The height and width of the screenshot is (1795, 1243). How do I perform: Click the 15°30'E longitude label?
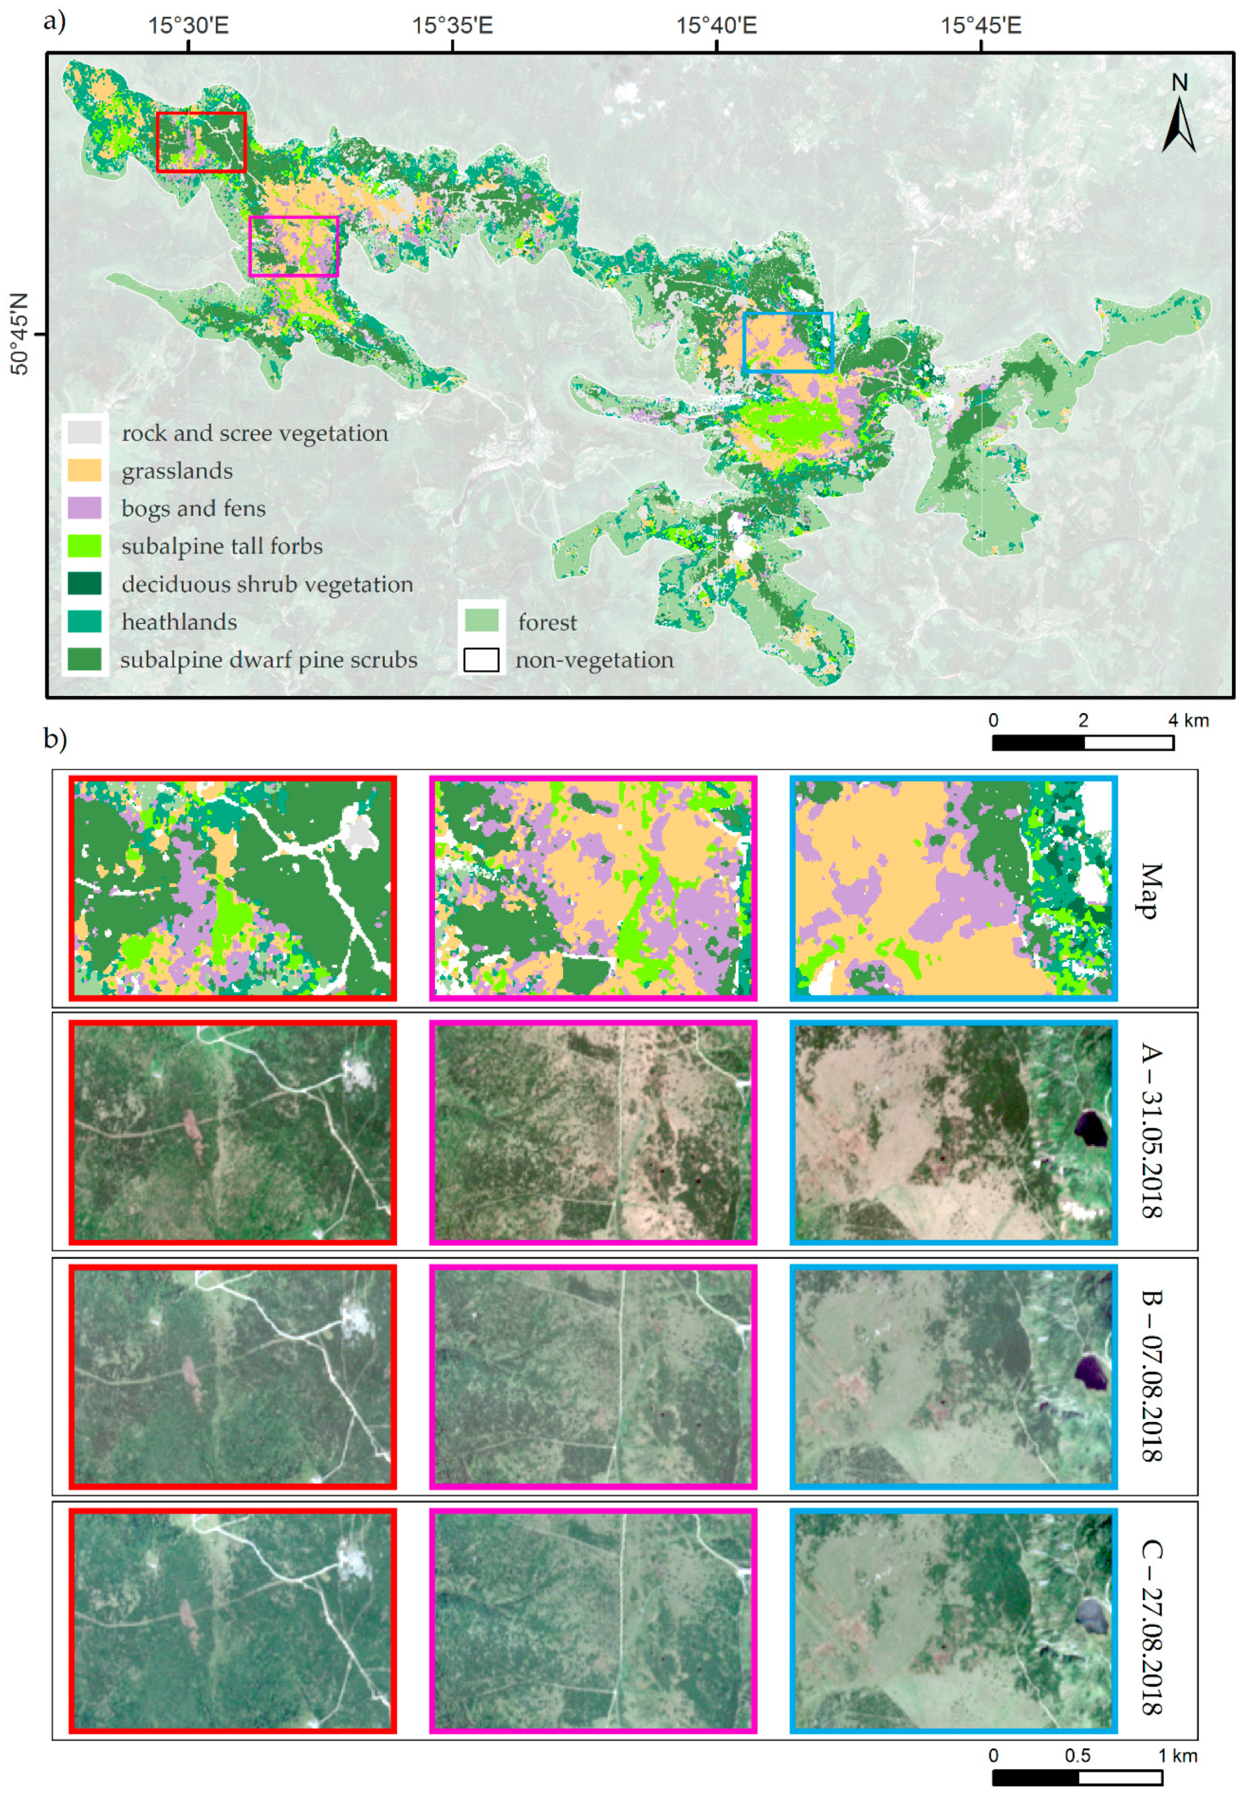coord(189,26)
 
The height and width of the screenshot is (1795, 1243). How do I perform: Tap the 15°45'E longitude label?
coord(981,26)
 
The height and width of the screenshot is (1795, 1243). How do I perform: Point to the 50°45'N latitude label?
coord(19,334)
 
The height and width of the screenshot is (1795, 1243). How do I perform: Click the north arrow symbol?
coord(1179,115)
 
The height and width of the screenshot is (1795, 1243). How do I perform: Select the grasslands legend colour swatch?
coord(84,470)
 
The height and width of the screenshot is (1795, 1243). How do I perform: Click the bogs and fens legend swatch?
coord(84,508)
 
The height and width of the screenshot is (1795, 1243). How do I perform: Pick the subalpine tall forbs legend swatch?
coord(84,546)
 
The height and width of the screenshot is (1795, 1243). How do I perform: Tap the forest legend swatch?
coord(481,621)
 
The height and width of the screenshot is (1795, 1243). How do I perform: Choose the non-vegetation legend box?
coord(481,659)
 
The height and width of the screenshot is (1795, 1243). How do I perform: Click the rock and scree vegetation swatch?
coord(84,433)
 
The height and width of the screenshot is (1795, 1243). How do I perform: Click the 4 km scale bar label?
coord(1188,720)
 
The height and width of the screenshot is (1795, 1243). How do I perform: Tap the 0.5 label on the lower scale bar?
coord(1078,1755)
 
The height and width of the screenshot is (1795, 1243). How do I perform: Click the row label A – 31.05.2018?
coord(1151,1130)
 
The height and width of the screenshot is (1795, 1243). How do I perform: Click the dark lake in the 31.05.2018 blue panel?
coord(1090,1128)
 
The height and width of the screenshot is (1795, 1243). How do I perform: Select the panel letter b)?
coord(54,738)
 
